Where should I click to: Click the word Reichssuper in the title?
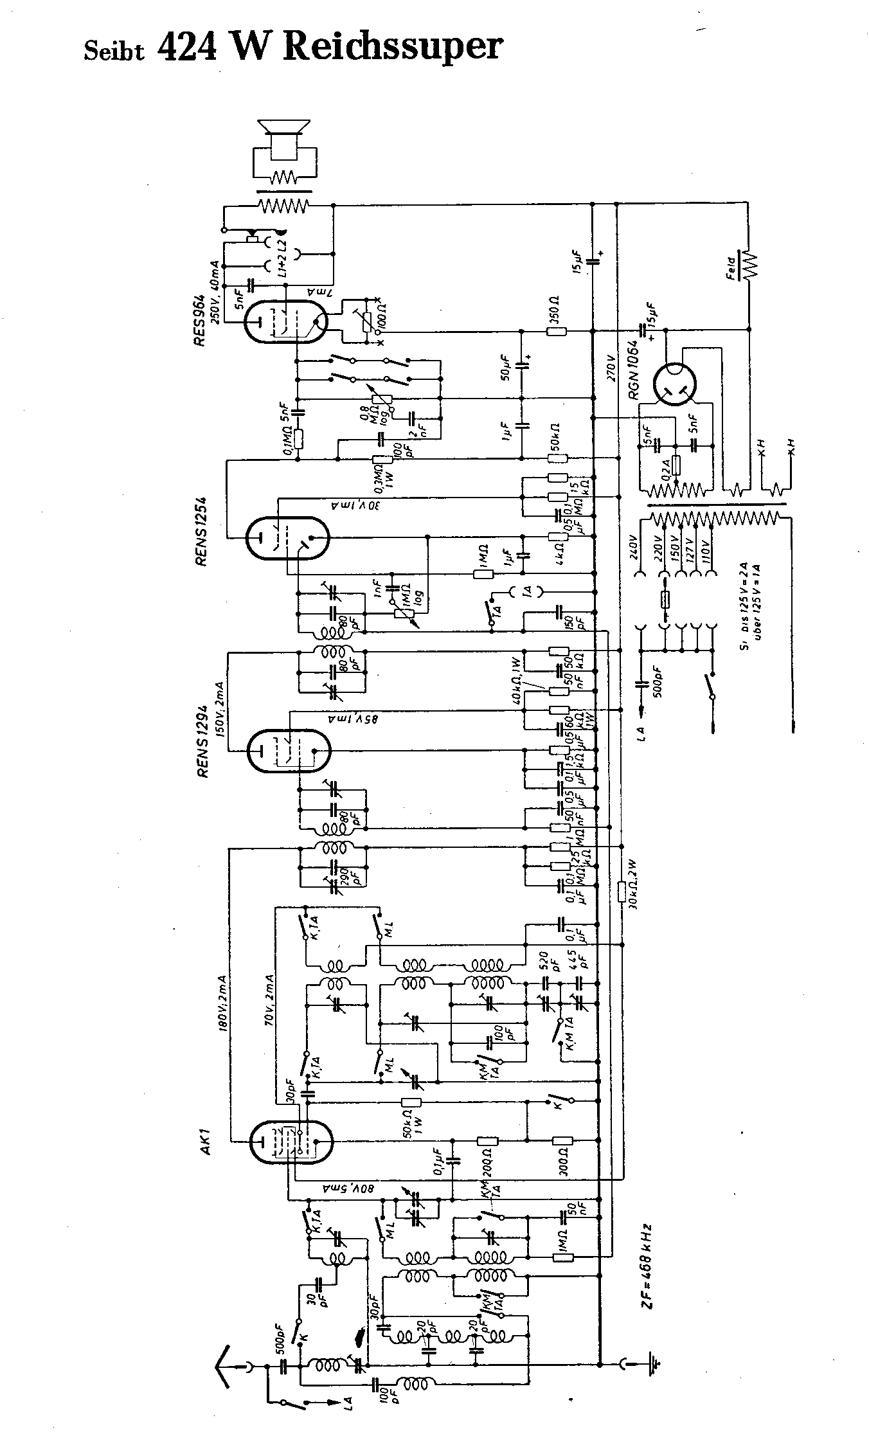(392, 48)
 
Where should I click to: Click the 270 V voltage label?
(613, 367)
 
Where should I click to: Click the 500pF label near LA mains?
(661, 681)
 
